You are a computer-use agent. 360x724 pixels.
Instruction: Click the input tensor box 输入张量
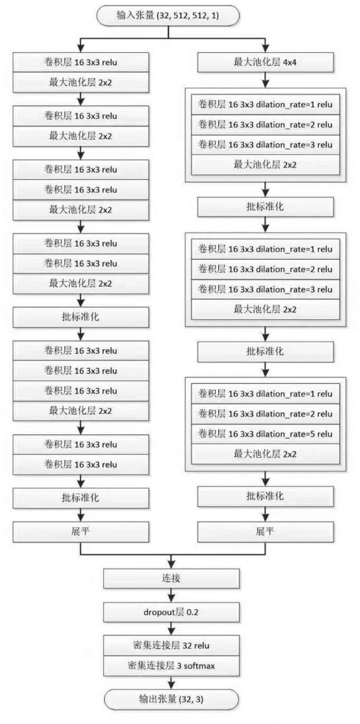pos(168,16)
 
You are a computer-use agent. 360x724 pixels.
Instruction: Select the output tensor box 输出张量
pos(171,699)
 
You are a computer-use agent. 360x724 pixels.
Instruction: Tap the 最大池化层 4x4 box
pos(265,62)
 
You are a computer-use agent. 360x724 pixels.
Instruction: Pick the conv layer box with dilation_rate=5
pos(265,434)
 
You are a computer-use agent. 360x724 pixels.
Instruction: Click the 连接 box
pos(171,578)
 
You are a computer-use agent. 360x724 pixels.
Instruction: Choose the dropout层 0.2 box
pos(171,612)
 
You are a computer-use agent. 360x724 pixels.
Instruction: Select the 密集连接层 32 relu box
pos(171,646)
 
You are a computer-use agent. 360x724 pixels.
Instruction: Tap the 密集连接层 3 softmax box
pos(171,665)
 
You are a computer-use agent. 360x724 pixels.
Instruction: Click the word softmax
pos(200,666)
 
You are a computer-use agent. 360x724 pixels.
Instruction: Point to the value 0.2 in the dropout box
pos(192,612)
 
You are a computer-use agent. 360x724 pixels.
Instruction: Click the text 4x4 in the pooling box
pos(289,62)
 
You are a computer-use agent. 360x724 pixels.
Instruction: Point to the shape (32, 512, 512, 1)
pos(188,16)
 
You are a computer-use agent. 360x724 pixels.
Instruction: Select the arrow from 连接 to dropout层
pos(171,595)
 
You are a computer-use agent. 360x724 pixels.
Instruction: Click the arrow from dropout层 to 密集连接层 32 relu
pos(171,629)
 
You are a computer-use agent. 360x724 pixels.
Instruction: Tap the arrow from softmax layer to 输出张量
pos(171,682)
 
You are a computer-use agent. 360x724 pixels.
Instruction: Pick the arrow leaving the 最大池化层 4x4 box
pos(265,80)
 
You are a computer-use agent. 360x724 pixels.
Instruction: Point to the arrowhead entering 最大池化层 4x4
pos(265,49)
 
